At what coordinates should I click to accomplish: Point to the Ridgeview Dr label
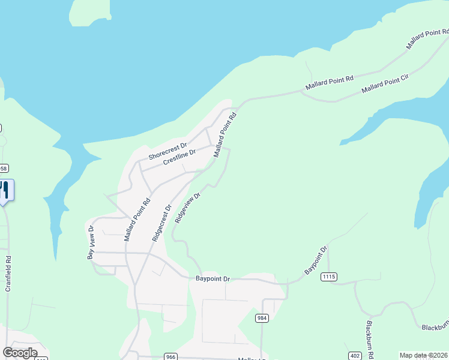pyautogui.click(x=187, y=208)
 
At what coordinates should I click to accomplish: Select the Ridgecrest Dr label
pyautogui.click(x=161, y=223)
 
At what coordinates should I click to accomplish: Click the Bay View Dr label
pyautogui.click(x=91, y=243)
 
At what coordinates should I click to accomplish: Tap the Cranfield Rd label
pyautogui.click(x=8, y=274)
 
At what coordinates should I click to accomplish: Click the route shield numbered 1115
pyautogui.click(x=329, y=277)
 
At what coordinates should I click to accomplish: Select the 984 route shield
pyautogui.click(x=262, y=318)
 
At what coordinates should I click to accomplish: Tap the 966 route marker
pyautogui.click(x=171, y=357)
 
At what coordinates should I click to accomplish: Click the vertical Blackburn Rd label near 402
pyautogui.click(x=370, y=339)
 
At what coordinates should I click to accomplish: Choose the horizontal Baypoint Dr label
pyautogui.click(x=213, y=279)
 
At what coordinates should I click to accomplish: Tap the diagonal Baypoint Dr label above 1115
pyautogui.click(x=316, y=260)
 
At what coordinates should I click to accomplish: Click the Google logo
pyautogui.click(x=19, y=353)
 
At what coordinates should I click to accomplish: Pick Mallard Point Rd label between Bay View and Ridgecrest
pyautogui.click(x=137, y=220)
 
